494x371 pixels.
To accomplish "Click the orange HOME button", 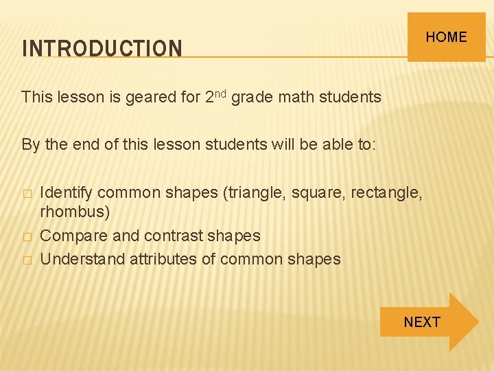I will pos(446,37).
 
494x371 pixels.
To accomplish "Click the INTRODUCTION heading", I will pos(102,49).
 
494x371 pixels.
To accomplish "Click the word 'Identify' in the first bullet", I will pos(66,193).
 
